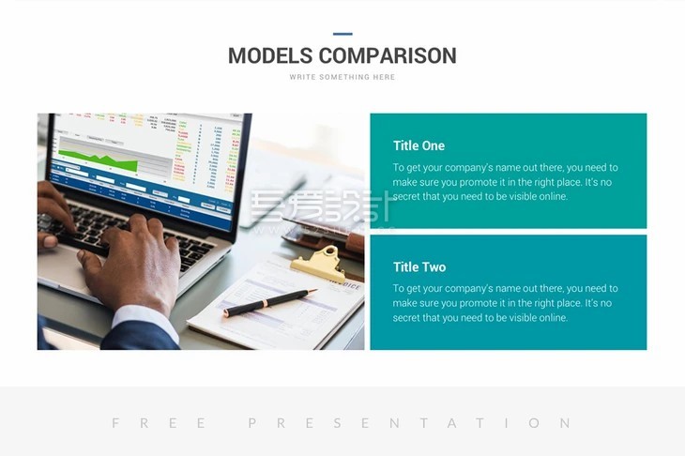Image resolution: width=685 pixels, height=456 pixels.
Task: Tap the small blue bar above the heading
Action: click(x=342, y=34)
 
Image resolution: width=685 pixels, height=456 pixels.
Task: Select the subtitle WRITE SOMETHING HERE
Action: click(x=342, y=77)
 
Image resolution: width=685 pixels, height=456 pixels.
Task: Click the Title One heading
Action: click(x=419, y=145)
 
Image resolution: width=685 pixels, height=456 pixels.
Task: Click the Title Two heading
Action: click(x=419, y=266)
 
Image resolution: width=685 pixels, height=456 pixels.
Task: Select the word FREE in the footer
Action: click(x=159, y=423)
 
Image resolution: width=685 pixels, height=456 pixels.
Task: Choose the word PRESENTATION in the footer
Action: click(x=409, y=423)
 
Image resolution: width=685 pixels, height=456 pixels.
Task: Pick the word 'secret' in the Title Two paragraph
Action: click(x=409, y=318)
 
